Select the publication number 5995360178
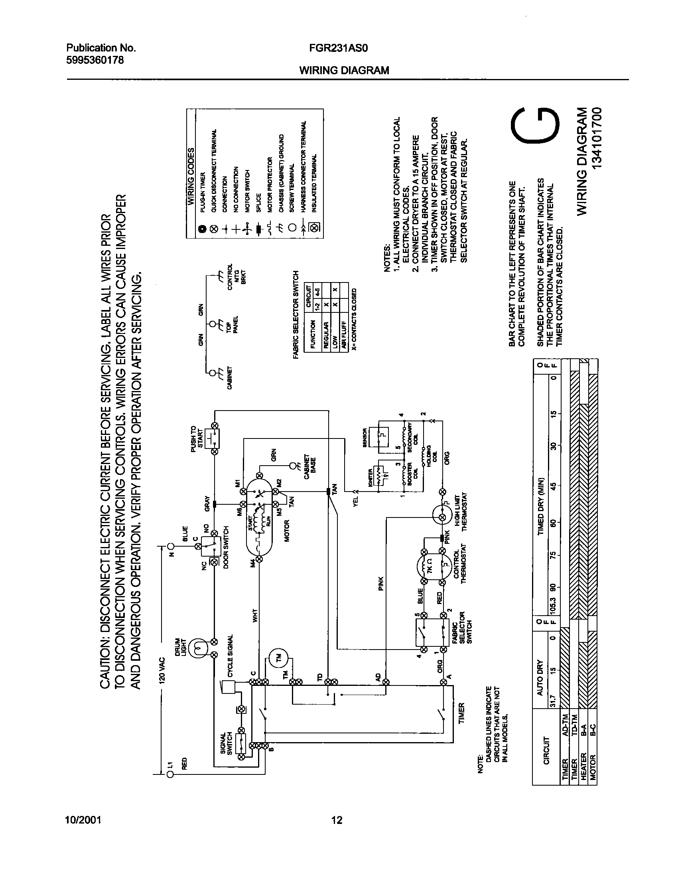coord(95,60)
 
